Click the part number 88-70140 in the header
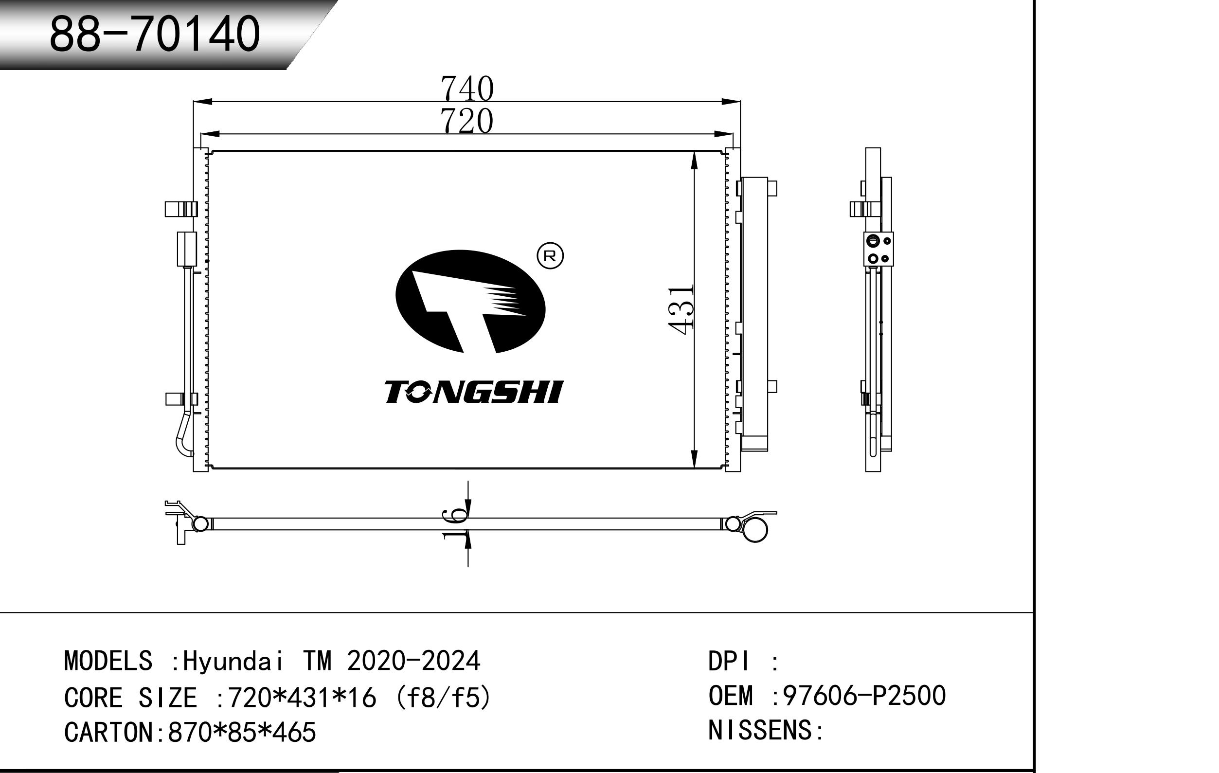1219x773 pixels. point(155,34)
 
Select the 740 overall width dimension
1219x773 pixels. point(467,89)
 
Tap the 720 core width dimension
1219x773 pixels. point(467,122)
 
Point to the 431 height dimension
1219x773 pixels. point(681,310)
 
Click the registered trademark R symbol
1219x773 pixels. point(550,256)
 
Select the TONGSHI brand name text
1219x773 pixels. point(473,392)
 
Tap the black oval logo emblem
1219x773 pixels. point(470,301)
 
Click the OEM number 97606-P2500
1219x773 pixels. point(864,696)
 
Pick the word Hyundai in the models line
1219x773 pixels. point(233,661)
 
